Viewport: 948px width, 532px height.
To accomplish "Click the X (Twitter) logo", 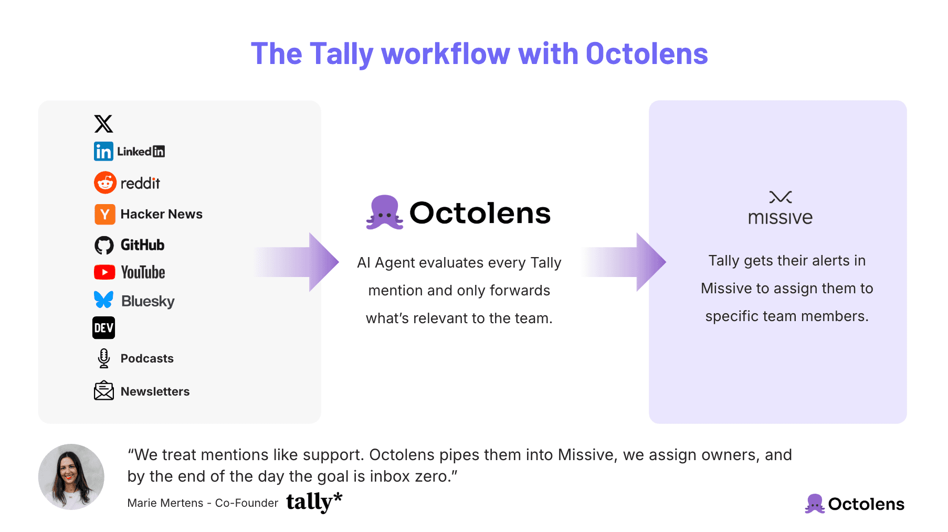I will coord(103,124).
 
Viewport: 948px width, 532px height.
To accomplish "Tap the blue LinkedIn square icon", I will coord(103,152).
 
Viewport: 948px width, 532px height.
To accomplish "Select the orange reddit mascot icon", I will coord(105,183).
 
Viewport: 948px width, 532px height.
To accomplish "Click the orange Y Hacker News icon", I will coord(104,214).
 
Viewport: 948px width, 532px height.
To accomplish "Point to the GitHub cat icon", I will coord(104,245).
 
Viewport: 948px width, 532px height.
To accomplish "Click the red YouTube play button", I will coord(104,272).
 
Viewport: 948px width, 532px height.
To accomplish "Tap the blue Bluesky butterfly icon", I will coord(104,300).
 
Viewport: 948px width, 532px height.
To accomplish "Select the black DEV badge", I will coord(103,328).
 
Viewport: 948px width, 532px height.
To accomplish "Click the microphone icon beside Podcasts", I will coord(104,358).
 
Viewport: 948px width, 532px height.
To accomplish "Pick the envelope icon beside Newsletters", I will coord(104,391).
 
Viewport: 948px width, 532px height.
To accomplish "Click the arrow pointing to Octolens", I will coord(304,262).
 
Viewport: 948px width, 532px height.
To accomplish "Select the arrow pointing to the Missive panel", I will coord(630,262).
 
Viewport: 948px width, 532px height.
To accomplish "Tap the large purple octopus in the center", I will coord(385,212).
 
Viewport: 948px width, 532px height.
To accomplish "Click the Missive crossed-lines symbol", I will coord(780,197).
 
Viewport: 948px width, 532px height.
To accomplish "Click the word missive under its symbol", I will coord(780,218).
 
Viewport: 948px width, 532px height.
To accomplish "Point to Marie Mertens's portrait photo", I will coord(71,477).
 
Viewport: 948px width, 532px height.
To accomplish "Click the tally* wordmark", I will coord(314,502).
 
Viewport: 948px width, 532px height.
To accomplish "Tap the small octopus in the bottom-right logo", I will coord(815,504).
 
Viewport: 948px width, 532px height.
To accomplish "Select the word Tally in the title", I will coord(341,54).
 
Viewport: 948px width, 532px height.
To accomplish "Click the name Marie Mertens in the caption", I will coord(165,503).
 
